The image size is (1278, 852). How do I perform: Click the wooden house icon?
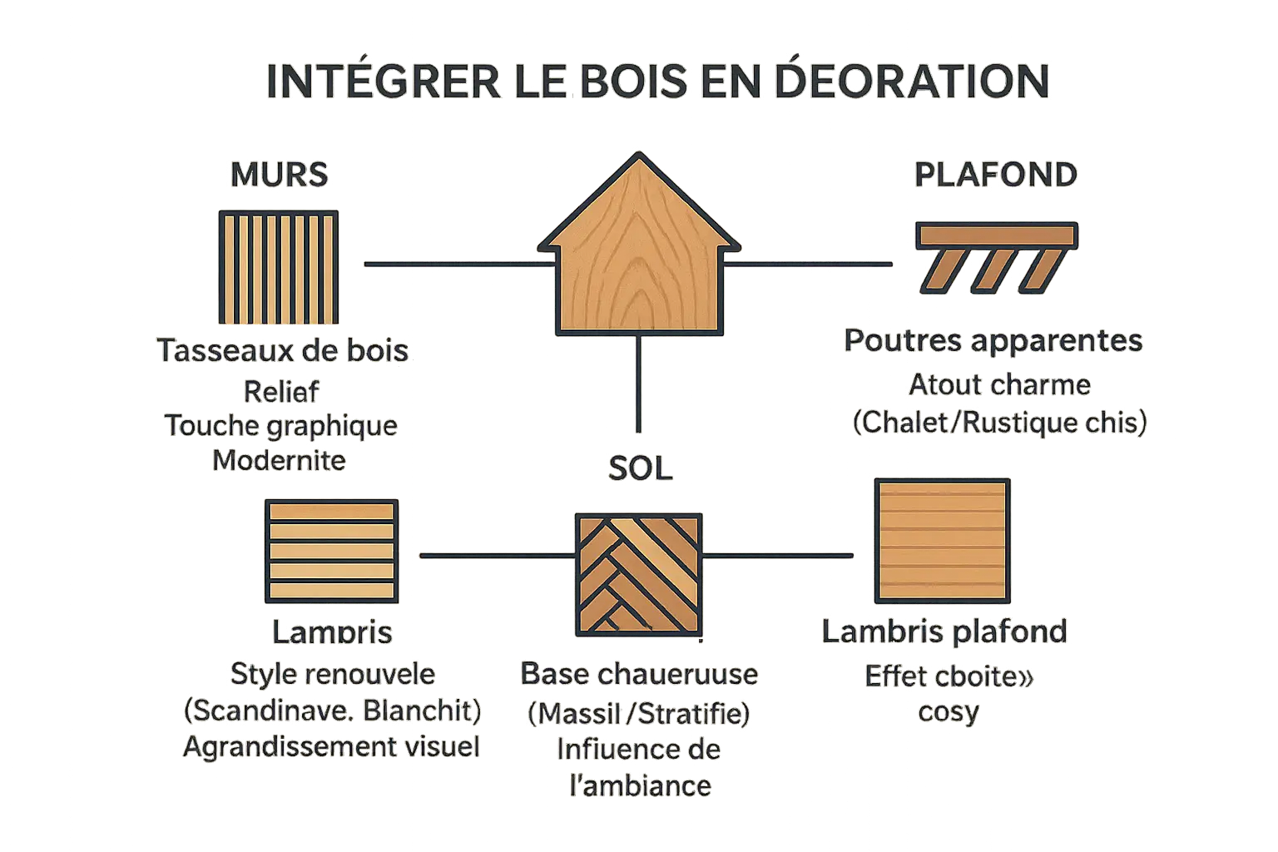(x=639, y=250)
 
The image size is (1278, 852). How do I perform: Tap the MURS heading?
(x=280, y=175)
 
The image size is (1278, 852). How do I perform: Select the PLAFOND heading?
(x=996, y=175)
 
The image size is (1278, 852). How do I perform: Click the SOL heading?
(x=640, y=468)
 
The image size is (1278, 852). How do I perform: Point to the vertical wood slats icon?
(x=277, y=267)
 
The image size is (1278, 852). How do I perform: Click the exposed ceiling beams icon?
(x=995, y=256)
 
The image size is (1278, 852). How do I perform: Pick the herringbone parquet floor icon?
(x=638, y=575)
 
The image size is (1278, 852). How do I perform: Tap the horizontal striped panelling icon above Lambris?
(x=330, y=551)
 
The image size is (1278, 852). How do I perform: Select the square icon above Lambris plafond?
(x=941, y=541)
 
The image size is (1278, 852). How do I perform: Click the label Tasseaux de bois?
(x=283, y=350)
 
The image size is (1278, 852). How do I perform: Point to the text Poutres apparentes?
(x=993, y=340)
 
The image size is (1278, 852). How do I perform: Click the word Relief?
(x=281, y=391)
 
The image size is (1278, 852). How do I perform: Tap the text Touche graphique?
(x=281, y=426)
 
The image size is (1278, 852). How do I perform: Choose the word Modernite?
(x=280, y=460)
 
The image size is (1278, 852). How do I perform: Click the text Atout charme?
(x=999, y=385)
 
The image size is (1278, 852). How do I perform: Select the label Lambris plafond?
(x=944, y=632)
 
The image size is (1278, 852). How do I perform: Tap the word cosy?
(x=949, y=711)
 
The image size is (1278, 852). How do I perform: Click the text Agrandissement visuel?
(x=331, y=746)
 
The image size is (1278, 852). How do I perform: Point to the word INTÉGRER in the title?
(x=383, y=82)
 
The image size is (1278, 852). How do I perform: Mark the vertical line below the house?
(x=639, y=384)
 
